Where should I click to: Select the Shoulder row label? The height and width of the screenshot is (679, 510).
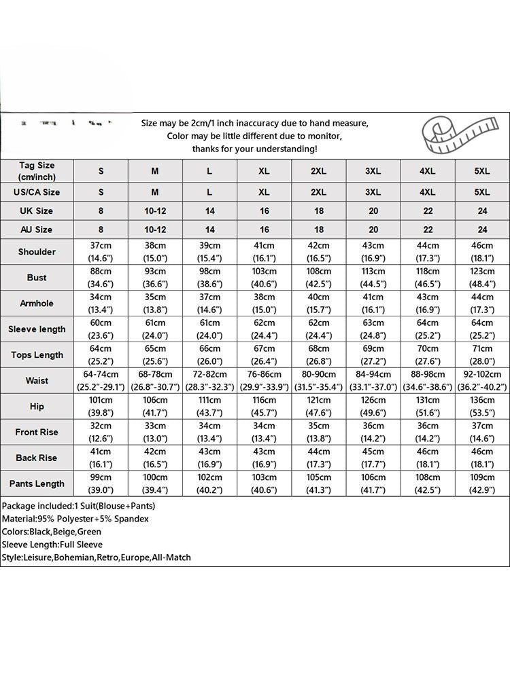(x=37, y=252)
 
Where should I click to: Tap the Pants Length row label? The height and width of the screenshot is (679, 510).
(x=37, y=484)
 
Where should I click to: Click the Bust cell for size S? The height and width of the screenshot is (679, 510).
(x=101, y=278)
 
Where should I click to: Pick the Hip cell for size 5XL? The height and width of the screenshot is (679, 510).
(x=482, y=407)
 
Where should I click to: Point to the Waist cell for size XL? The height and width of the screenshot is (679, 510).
(x=264, y=381)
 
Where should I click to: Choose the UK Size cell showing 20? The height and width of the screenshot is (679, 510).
(x=373, y=211)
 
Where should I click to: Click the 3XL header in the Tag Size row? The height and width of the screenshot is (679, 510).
(x=373, y=172)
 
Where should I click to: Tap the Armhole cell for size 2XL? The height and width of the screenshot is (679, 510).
(x=319, y=304)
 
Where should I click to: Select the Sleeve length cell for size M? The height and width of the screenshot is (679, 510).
(x=155, y=329)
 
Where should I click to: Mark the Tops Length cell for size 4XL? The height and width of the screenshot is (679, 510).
(x=428, y=355)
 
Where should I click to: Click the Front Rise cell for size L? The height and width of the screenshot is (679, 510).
(x=209, y=433)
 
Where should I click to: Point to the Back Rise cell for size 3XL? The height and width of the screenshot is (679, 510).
(x=373, y=458)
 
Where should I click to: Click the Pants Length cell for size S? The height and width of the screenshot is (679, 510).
(x=101, y=484)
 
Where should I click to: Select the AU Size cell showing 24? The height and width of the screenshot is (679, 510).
(x=482, y=230)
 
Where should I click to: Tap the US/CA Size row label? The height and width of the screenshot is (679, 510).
(x=37, y=192)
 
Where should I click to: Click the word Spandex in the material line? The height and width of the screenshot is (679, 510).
(x=133, y=519)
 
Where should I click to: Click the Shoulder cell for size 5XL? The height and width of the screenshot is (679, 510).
(x=482, y=252)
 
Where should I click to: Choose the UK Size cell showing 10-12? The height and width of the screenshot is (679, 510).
(x=155, y=211)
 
